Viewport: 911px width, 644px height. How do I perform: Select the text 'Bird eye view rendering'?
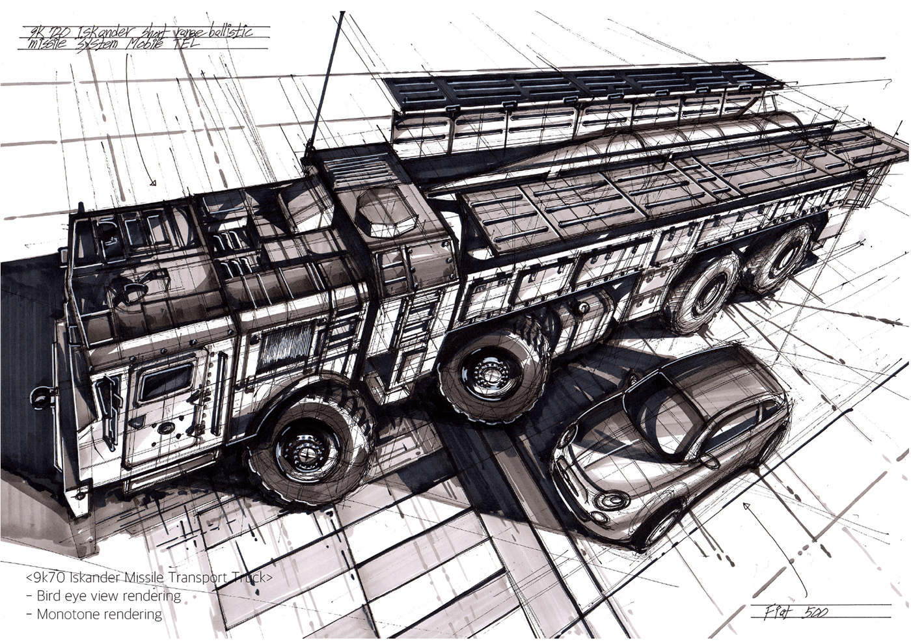109,595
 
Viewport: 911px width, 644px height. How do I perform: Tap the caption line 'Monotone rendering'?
99,613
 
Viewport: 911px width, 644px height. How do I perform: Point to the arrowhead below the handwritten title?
154,183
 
